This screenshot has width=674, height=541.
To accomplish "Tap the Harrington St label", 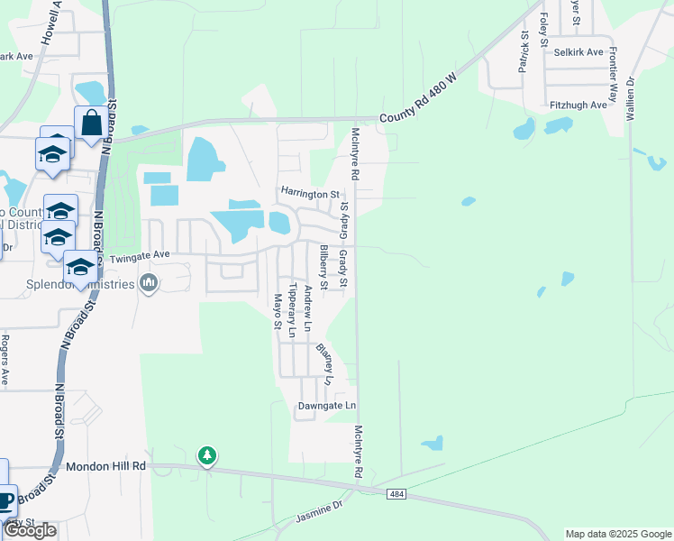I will (x=310, y=193).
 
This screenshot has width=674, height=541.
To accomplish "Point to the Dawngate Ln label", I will (x=327, y=407).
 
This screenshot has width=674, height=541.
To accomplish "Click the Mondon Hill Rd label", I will (x=106, y=467).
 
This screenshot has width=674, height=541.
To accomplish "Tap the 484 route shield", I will (x=397, y=494).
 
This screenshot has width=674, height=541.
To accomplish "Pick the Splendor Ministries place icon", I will (x=150, y=285).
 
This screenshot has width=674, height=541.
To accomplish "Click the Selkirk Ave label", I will (x=578, y=52).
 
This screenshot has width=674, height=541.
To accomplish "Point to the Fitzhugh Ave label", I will (x=578, y=105).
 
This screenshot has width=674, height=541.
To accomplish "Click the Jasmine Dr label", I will (x=320, y=513).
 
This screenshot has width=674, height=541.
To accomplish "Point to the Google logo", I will (x=31, y=530).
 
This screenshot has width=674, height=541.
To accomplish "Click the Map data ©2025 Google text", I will (x=617, y=534).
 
